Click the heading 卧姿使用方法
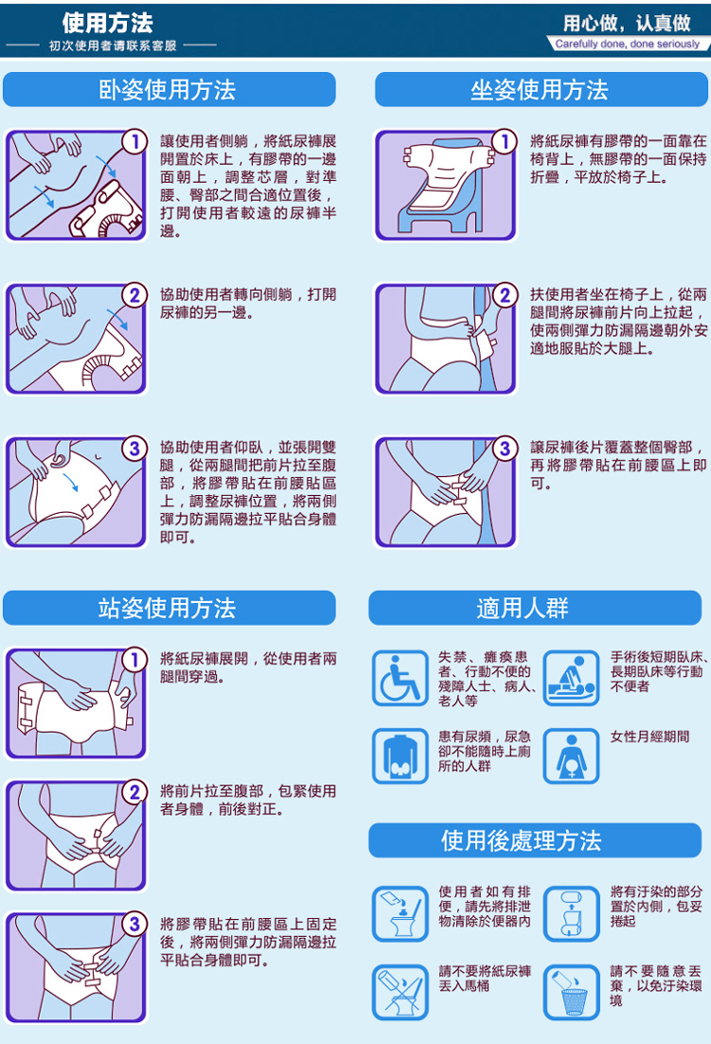coord(167,89)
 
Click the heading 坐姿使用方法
coord(539,89)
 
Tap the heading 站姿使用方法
coord(167,607)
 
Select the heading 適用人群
coord(522,607)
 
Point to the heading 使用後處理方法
coord(521,840)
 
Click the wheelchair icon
coord(400,679)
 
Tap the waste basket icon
coord(572,993)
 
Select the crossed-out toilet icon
coord(400,993)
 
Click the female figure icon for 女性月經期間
coord(572,757)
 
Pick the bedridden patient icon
coord(572,679)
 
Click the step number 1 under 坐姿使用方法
coord(504,141)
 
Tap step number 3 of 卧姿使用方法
coord(135,449)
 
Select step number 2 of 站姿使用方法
coord(135,792)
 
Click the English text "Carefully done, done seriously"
coord(628,44)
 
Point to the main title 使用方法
coord(108,24)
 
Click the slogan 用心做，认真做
coord(627,24)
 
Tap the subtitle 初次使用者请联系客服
coord(113,46)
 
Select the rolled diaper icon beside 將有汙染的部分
coord(572,914)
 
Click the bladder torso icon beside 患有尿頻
coord(400,757)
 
